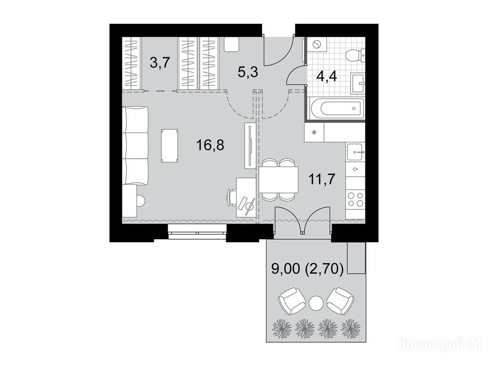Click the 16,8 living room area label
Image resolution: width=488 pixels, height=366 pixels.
tap(210, 145)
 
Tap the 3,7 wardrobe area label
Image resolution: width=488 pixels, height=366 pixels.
tap(160, 63)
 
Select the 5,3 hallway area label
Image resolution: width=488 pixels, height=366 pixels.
tap(248, 73)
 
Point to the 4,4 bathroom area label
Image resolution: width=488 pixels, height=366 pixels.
tap(327, 76)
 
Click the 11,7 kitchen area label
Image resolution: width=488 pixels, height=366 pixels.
tap(322, 179)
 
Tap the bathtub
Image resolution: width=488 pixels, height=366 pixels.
tap(336, 109)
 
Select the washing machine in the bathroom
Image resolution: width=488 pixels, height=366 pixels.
tap(316, 44)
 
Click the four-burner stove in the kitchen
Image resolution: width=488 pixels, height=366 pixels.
tap(356, 200)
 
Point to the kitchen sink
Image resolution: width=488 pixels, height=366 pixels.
tap(356, 152)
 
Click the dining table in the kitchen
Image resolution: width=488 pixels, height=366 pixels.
tap(278, 180)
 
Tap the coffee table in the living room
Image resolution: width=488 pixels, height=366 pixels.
tap(170, 146)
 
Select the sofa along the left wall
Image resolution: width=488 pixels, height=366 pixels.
tap(136, 146)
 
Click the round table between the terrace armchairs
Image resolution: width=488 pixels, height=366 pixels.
tap(316, 302)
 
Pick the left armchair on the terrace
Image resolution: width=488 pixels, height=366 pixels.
tap(292, 301)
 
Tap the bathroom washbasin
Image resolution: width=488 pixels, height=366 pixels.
tap(358, 83)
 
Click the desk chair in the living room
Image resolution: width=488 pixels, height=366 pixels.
tap(232, 197)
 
